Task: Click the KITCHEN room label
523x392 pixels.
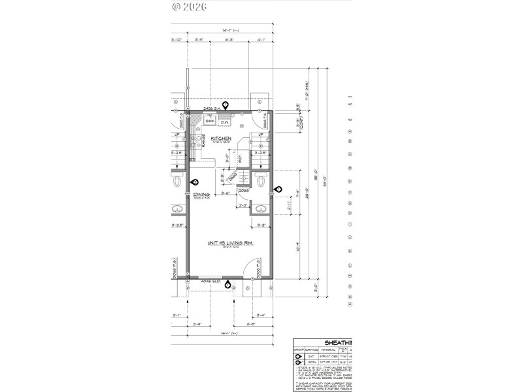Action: (x=221, y=139)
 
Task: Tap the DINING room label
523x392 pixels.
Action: (x=201, y=195)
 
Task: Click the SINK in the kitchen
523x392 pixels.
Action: (x=211, y=122)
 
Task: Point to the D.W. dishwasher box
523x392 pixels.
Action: (x=224, y=122)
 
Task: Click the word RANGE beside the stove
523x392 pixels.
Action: (x=204, y=140)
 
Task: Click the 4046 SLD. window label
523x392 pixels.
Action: (x=211, y=282)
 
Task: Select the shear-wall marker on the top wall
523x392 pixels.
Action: (x=226, y=105)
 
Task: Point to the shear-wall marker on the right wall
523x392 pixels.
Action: (x=278, y=189)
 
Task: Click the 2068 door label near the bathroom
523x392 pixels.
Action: (x=243, y=191)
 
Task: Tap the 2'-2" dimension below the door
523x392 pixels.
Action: (x=243, y=206)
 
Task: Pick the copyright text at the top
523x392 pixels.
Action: (x=189, y=7)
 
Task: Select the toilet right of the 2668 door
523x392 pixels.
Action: (x=260, y=180)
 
